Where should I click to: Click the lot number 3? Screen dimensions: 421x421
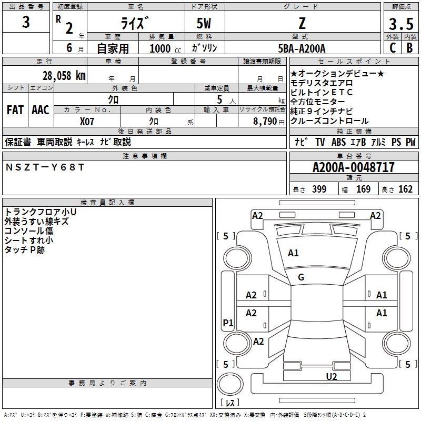click(26, 23)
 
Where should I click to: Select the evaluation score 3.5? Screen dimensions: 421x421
click(400, 24)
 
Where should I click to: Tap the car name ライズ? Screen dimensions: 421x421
click(136, 24)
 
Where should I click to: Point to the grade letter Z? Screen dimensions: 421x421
click(302, 24)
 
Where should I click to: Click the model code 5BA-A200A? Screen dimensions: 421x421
click(302, 48)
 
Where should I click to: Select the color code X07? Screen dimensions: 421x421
click(87, 121)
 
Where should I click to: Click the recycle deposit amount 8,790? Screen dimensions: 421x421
click(265, 121)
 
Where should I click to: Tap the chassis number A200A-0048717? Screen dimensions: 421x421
click(353, 167)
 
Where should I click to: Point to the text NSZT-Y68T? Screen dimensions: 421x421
click(45, 167)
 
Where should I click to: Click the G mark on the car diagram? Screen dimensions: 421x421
click(301, 277)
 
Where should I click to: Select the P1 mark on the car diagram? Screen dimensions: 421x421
click(228, 323)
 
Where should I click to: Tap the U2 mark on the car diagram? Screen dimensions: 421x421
click(331, 376)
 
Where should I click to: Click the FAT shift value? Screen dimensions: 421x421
click(15, 109)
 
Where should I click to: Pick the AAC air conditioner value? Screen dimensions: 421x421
click(41, 109)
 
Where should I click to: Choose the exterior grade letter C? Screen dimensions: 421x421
click(392, 47)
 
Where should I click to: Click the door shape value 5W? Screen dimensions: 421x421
click(205, 24)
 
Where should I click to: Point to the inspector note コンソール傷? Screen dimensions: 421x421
click(29, 231)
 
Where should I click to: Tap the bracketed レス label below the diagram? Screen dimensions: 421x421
click(229, 403)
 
